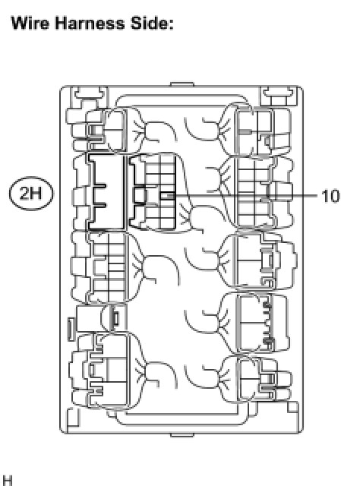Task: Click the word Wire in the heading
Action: click(x=30, y=23)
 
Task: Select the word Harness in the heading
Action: click(x=89, y=23)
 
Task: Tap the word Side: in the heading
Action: click(x=152, y=23)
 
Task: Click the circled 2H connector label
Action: click(x=31, y=194)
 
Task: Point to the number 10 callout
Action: click(x=330, y=196)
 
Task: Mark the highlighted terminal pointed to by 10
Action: click(x=167, y=196)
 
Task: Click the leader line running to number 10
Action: click(x=245, y=196)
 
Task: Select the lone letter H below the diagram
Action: click(x=7, y=481)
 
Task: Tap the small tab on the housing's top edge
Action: click(x=182, y=84)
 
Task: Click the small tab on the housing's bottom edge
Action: click(x=182, y=435)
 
